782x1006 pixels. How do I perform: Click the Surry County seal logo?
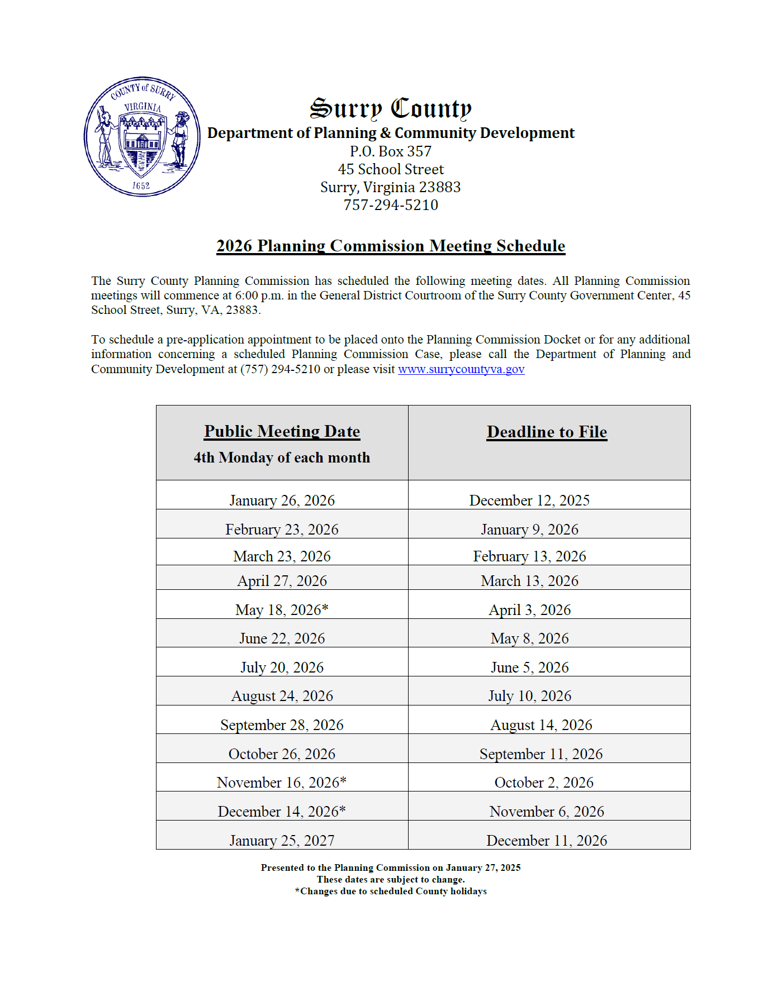[142, 137]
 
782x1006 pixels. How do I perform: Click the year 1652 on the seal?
[141, 185]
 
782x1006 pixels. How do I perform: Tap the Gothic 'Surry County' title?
[391, 108]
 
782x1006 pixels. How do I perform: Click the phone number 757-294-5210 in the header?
[391, 205]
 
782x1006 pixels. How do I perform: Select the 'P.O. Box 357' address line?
[391, 151]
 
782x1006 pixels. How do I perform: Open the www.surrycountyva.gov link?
[461, 369]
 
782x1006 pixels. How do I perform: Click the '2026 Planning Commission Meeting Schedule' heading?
[391, 246]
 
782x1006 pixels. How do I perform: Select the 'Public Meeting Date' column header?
[282, 431]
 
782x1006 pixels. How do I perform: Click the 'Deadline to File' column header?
[547, 432]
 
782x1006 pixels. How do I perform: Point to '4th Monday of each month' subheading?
[282, 457]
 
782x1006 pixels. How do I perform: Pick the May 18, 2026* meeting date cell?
[282, 609]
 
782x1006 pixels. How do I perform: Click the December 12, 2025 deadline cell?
[529, 500]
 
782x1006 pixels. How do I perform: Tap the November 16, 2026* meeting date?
[282, 782]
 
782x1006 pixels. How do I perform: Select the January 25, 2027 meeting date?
[282, 840]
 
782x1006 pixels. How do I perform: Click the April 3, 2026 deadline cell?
[529, 609]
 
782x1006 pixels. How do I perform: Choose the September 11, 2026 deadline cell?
[541, 754]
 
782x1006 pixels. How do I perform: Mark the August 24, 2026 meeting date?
[282, 695]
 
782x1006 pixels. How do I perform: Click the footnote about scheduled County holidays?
[391, 891]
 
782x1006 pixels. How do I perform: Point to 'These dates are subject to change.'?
[391, 879]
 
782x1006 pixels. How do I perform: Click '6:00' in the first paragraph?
[247, 295]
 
